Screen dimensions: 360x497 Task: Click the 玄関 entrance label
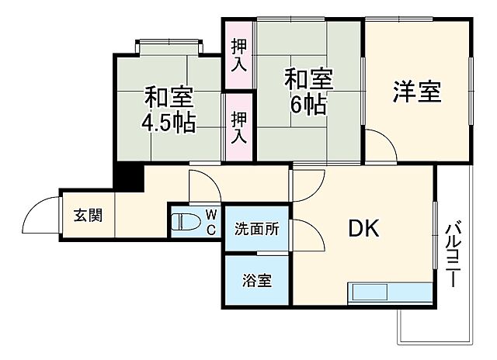coord(88,216)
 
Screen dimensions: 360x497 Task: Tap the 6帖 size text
coord(308,103)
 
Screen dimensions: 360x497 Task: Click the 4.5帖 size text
coord(168,122)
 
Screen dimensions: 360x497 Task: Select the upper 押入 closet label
coord(239,54)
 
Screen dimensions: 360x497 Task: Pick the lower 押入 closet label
coord(239,127)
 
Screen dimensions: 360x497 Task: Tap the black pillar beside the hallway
coord(128,178)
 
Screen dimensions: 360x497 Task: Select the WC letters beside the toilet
coord(211,222)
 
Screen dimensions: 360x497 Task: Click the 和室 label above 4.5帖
coord(168,98)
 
